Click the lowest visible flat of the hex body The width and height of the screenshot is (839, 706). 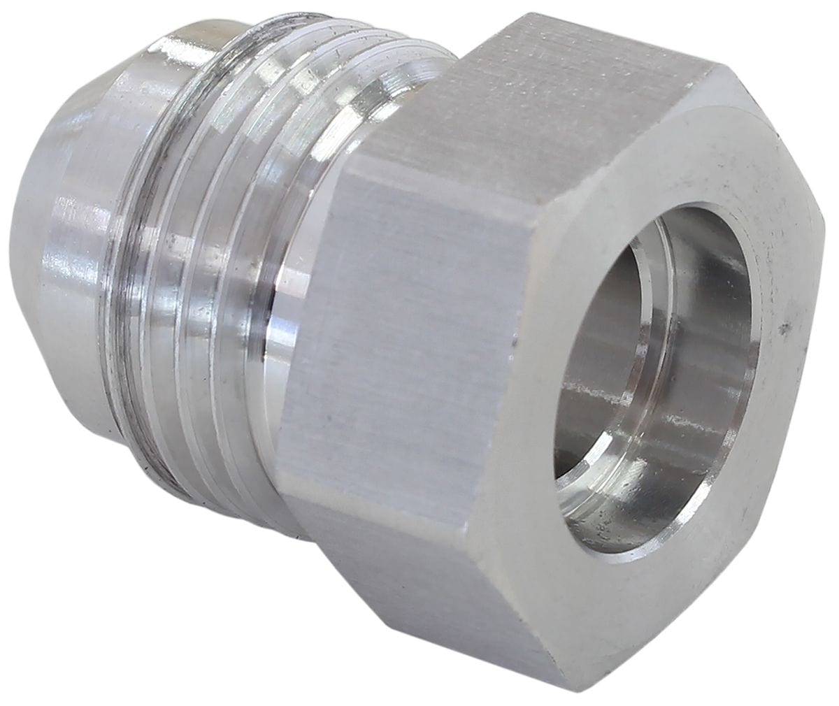433,594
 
